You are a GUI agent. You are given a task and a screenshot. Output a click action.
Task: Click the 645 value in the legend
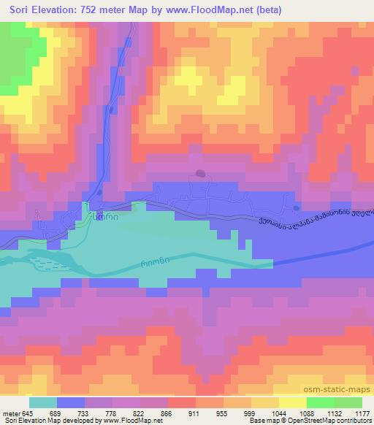(28, 413)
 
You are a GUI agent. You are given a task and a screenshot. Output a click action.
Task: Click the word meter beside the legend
(10, 413)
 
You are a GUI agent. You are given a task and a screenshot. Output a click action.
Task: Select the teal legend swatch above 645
(43, 402)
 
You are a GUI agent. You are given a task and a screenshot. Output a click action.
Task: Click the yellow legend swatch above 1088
(293, 402)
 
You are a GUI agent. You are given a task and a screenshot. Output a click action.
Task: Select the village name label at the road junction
(103, 217)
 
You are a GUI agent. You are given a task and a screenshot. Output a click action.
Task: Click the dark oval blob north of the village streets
(200, 174)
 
